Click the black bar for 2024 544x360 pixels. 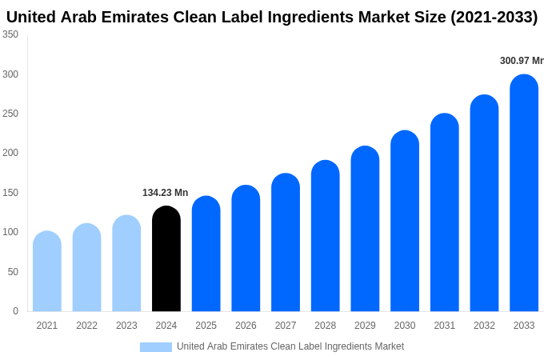[166, 259]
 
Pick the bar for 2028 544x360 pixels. [326, 237]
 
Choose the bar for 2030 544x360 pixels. [405, 222]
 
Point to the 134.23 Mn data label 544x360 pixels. [165, 193]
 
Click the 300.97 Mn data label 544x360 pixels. [522, 61]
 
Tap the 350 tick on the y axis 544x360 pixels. [10, 34]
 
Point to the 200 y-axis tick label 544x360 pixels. [10, 153]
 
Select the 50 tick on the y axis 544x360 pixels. [13, 272]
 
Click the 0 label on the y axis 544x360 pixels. [15, 311]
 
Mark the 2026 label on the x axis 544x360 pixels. [246, 326]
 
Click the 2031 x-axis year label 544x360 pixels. [445, 326]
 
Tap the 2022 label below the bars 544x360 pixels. [86, 326]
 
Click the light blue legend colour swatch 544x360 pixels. [155, 346]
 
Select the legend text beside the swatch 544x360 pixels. [290, 346]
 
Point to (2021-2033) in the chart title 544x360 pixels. [494, 17]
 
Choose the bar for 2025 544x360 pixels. [206, 254]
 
